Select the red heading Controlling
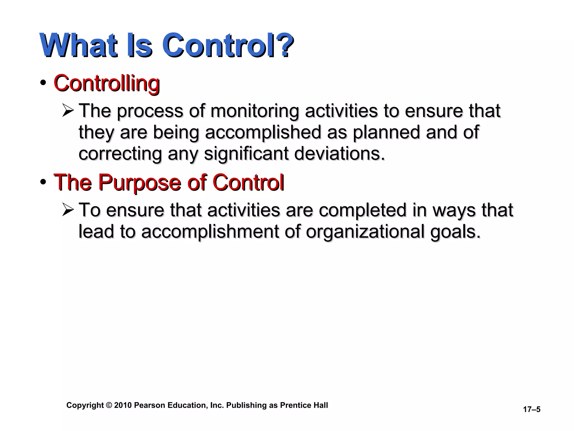point(107,84)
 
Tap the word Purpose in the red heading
point(139,183)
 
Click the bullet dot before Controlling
point(43,83)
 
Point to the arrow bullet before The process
point(68,110)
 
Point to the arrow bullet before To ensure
point(68,210)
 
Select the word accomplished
point(263,132)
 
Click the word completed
point(362,210)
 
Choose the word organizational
point(365,231)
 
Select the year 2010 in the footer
point(123,405)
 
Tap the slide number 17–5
point(531,409)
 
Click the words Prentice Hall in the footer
point(304,405)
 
